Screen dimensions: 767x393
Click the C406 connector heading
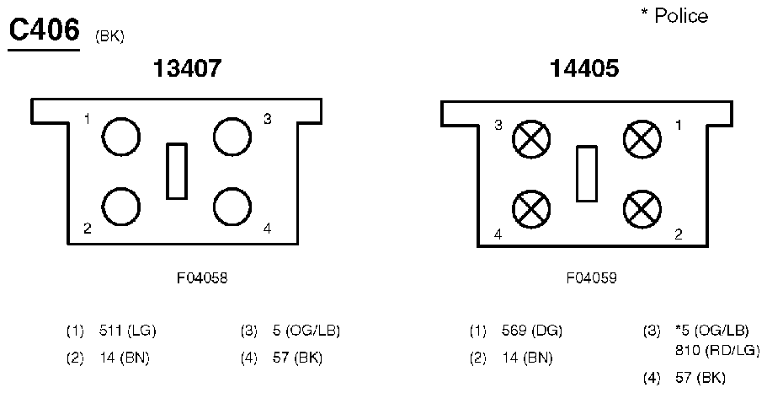tap(44, 31)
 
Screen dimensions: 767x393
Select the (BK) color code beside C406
tap(109, 38)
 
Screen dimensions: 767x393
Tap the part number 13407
tap(188, 68)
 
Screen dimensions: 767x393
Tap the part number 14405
tap(584, 68)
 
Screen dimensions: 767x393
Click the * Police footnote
tap(674, 16)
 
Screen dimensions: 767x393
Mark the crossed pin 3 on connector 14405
tap(531, 139)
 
